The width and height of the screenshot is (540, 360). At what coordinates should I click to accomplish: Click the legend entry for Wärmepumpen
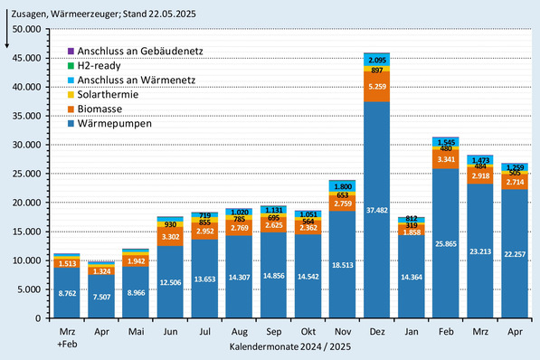(113, 123)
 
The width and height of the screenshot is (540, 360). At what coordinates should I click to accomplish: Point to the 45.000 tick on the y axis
(27, 58)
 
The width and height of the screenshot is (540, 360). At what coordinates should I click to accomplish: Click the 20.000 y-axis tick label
(27, 203)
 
